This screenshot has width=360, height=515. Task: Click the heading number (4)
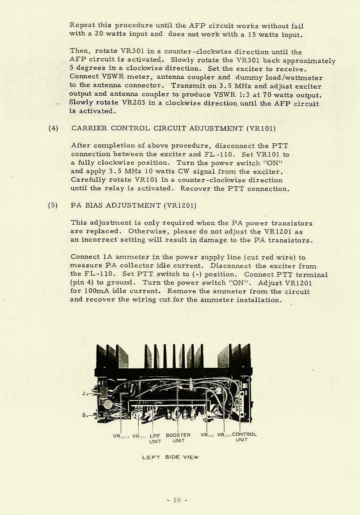coord(53,128)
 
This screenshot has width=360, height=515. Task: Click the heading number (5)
coord(53,205)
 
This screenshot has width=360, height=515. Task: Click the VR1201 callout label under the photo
coord(121,435)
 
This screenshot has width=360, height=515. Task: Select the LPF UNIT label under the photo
coord(155,438)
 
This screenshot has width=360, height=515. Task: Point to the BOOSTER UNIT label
coord(178,438)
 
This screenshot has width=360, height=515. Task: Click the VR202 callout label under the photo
coord(223,435)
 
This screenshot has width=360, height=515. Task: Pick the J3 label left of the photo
coord(85,394)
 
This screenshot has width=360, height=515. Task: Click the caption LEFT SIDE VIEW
coord(170,457)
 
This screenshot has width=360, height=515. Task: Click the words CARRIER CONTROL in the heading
coord(110,128)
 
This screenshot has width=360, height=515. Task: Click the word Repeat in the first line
coord(82,26)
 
